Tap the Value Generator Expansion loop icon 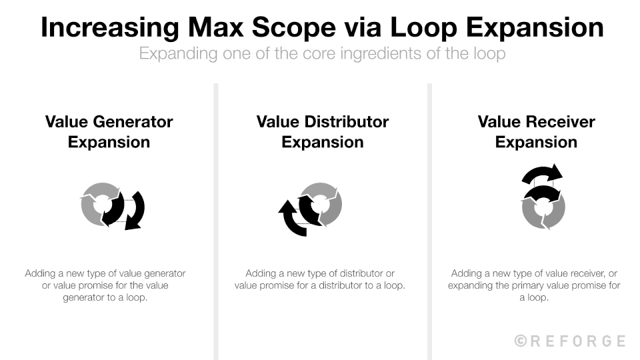point(113,205)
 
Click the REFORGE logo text point(578,341)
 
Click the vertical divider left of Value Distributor point(216,220)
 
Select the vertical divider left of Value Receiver point(429,220)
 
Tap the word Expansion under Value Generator point(109,142)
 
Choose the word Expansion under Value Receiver point(536,142)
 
